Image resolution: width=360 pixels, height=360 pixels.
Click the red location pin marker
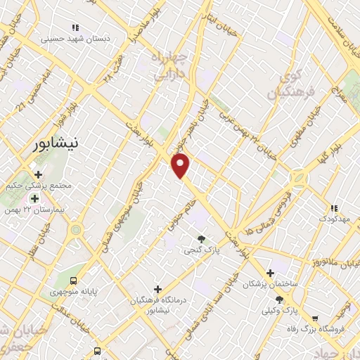click(181, 165)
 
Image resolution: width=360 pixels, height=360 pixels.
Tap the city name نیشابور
click(57, 144)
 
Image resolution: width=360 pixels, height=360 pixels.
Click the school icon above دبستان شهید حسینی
click(75, 27)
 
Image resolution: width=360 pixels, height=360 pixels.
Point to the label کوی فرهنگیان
click(290, 85)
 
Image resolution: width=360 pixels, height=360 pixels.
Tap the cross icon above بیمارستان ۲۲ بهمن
click(34, 198)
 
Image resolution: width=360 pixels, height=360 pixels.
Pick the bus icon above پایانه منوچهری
click(73, 278)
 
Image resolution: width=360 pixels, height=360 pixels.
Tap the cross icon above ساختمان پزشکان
click(270, 273)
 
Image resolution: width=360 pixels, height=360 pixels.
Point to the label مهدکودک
click(334, 220)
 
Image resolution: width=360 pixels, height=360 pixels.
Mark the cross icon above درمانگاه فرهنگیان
click(157, 289)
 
